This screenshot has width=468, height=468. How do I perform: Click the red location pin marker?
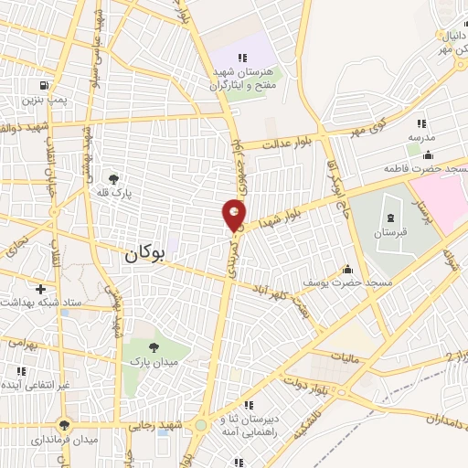point(234,217)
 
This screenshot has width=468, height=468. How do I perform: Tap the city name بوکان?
point(144,258)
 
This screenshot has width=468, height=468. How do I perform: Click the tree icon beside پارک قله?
point(113,179)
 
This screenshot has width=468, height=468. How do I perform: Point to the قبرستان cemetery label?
point(391,233)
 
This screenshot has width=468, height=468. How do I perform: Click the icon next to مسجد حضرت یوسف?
point(347,270)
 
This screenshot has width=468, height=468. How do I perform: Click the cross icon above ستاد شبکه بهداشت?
point(40,288)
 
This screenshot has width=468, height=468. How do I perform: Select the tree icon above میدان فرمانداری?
point(63,424)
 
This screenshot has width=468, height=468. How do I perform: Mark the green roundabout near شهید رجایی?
point(200,424)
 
